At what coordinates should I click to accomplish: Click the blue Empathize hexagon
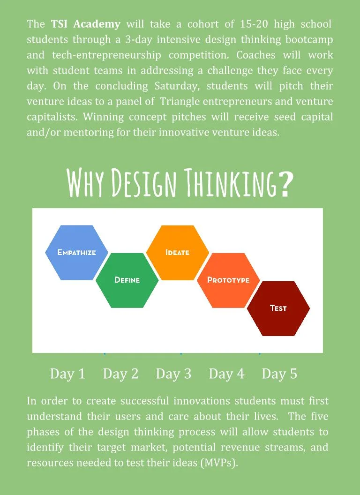pyautogui.click(x=76, y=252)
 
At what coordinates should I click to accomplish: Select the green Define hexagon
pyautogui.click(x=127, y=280)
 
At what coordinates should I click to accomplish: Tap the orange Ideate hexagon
pyautogui.click(x=177, y=252)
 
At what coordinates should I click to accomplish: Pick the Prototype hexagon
pyautogui.click(x=228, y=280)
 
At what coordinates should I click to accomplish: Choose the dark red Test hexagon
pyautogui.click(x=278, y=308)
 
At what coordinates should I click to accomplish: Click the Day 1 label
pyautogui.click(x=67, y=374)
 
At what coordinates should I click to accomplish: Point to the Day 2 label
pyautogui.click(x=120, y=374)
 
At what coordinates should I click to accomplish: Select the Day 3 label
pyautogui.click(x=173, y=374)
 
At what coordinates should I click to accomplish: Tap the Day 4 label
pyautogui.click(x=226, y=374)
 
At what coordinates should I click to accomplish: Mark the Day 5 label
pyautogui.click(x=279, y=374)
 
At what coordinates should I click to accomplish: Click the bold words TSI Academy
pyautogui.click(x=85, y=24)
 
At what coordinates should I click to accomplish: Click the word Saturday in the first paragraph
pyautogui.click(x=179, y=86)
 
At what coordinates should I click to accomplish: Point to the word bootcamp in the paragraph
pyautogui.click(x=309, y=39)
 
